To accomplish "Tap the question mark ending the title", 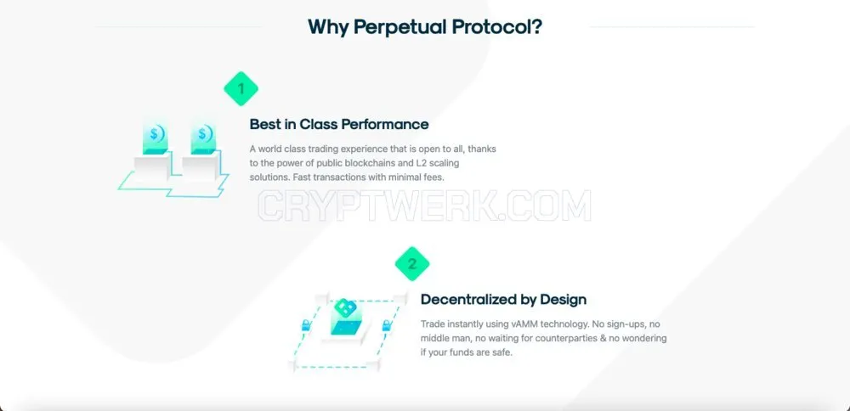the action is tap(536, 25).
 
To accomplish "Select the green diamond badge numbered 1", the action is tap(241, 88).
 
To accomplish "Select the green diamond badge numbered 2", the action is tap(412, 264).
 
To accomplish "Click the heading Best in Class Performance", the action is tap(339, 124).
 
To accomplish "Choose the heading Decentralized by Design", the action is tap(503, 300).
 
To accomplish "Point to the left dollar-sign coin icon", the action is tap(156, 135).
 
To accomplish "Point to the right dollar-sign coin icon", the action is tap(204, 135).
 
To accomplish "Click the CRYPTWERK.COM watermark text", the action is tap(424, 206).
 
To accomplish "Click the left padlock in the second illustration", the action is tap(306, 325).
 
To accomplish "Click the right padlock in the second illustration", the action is tap(387, 325).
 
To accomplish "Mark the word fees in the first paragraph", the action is tap(433, 177).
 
